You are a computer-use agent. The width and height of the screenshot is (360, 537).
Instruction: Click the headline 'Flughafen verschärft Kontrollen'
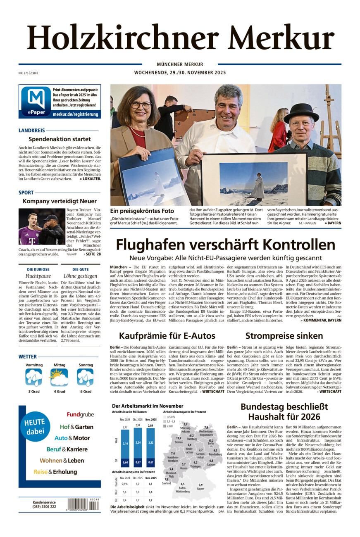(x=225, y=245)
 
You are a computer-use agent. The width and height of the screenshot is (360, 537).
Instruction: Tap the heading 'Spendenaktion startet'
(x=60, y=139)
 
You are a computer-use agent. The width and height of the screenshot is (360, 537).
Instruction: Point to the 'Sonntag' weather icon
(x=85, y=378)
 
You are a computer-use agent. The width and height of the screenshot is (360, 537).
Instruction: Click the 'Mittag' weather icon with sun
(x=59, y=378)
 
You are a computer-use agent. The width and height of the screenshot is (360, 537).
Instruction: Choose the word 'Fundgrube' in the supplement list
(x=80, y=415)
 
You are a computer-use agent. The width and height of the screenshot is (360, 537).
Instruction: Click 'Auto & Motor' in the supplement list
(x=72, y=438)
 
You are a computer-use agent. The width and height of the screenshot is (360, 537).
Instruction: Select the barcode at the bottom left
(x=83, y=504)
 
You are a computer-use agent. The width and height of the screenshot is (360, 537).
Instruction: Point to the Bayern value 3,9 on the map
(x=200, y=485)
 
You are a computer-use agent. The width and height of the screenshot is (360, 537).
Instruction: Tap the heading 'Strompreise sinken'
(x=284, y=336)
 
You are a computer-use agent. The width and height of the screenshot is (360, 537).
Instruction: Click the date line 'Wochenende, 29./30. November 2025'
(x=180, y=73)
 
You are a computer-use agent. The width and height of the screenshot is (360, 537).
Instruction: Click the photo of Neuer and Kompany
(x=41, y=226)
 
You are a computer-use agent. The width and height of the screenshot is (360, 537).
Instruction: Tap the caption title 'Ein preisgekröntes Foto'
(x=142, y=211)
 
